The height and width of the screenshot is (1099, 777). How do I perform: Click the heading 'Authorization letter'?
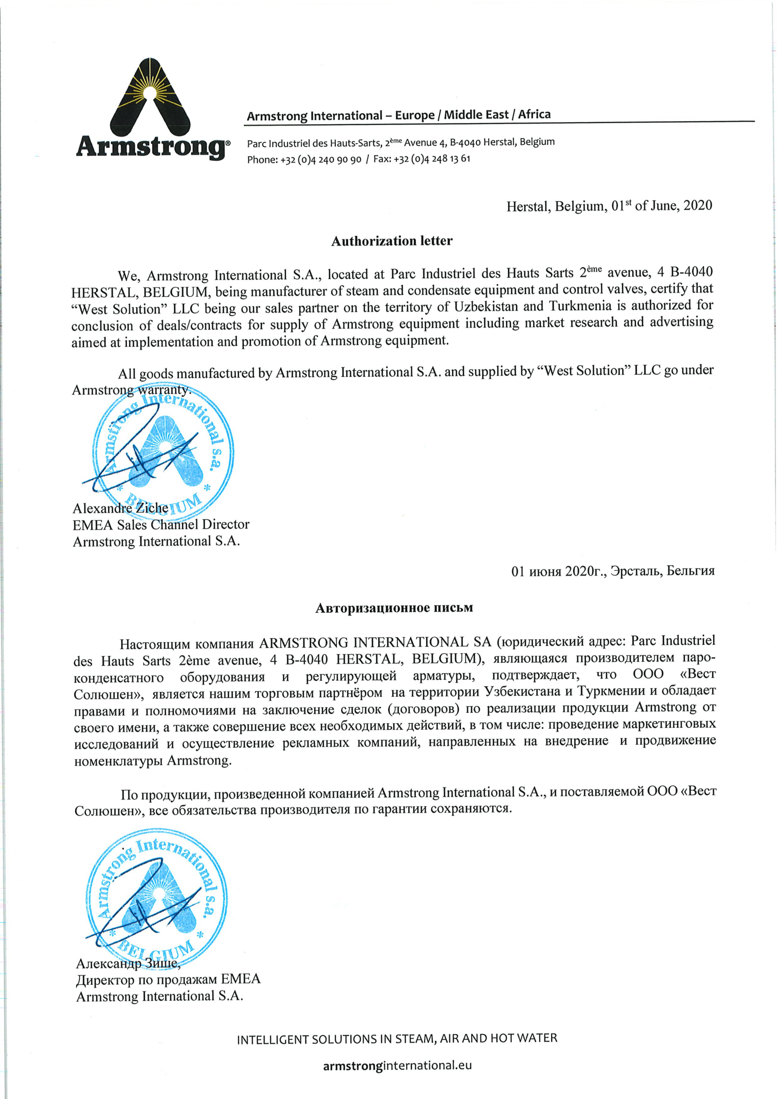(391, 241)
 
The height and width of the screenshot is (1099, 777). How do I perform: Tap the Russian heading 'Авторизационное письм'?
(394, 608)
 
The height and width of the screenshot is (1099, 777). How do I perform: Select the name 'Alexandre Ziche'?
(120, 508)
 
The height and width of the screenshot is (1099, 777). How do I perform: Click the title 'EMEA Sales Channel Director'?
(161, 525)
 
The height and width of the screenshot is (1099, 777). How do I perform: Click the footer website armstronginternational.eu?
(397, 1066)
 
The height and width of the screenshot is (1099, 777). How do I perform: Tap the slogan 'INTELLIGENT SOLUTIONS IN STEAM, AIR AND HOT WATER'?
(397, 1039)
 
